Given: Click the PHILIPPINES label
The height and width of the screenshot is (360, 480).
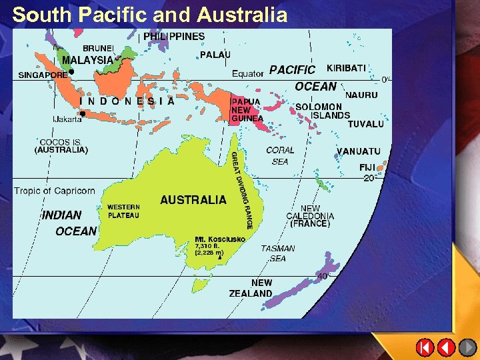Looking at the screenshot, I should pos(174,36).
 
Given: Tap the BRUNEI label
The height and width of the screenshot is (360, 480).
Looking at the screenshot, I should pos(97,48).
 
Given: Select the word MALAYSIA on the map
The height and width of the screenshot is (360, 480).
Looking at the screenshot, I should pos(87,60).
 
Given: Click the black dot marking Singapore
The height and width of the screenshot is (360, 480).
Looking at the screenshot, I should pos(71,71).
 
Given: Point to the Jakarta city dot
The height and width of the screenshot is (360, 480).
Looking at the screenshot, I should pos(82,113).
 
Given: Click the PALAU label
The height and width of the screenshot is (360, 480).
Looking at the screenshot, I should pos(215,54).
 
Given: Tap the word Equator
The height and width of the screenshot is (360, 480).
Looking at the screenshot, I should pos(248,73).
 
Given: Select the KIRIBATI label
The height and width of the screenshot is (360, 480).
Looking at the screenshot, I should pos(346,68).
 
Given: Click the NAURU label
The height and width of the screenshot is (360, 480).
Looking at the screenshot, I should pos(361,95).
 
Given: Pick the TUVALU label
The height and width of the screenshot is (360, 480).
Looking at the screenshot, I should pos(366,124).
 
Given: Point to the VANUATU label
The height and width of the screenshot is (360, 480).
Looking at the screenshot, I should pos(359,151).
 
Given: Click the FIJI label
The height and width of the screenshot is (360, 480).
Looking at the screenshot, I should pos(367,167).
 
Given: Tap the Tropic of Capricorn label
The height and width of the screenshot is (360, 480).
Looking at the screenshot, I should pos(55,191).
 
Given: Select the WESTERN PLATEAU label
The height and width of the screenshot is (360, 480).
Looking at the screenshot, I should pos(124,211).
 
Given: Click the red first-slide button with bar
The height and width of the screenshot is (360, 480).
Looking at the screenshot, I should pos(425,347).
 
